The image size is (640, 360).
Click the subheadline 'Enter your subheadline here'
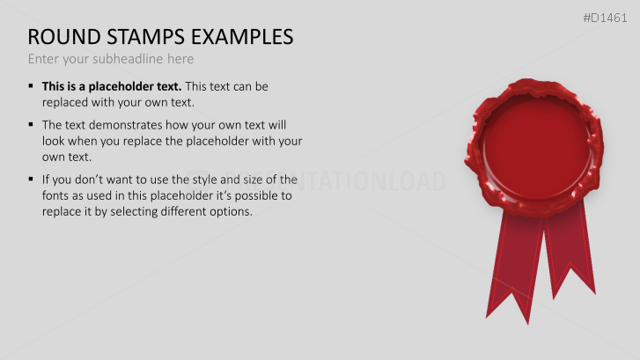pos(110,59)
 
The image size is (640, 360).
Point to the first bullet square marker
pos(32,86)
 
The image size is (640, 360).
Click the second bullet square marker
pos(32,124)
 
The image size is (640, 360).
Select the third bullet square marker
pos(32,179)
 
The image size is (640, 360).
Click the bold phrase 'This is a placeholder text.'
pos(112,86)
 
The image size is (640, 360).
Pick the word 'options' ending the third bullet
pos(228,212)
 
